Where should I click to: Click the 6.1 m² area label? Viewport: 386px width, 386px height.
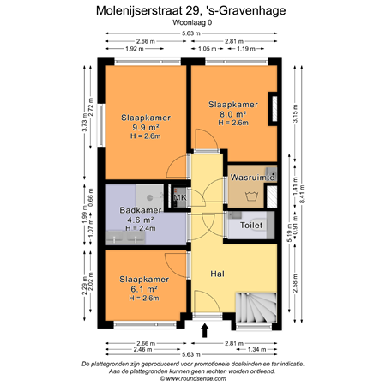pyautogui.click(x=143, y=290)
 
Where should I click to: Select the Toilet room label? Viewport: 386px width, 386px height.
pyautogui.click(x=251, y=226)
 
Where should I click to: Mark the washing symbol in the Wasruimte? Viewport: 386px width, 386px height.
pyautogui.click(x=253, y=196)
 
